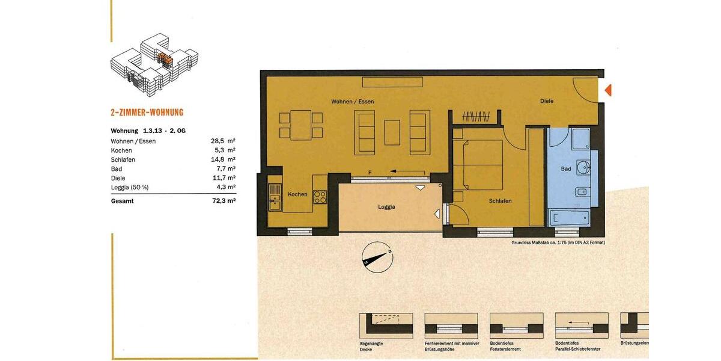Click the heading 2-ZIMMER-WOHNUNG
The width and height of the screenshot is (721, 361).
tap(147, 113)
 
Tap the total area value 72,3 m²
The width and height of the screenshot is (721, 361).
tap(223, 201)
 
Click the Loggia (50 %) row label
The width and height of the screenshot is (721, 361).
tap(130, 187)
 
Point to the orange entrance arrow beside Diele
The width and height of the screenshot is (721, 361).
tap(607, 90)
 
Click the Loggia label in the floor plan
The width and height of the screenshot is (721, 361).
tap(386, 207)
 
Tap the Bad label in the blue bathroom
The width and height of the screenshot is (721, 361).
tap(566, 169)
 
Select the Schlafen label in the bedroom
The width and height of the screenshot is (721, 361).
tap(500, 201)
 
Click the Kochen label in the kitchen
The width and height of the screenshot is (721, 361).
tap(297, 194)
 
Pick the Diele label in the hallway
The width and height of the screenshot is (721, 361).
tap(547, 101)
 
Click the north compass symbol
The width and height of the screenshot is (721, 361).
tap(377, 257)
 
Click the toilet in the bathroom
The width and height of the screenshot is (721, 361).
tap(581, 192)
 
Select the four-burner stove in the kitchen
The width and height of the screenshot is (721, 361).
tap(320, 197)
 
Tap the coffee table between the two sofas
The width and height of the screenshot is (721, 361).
tap(392, 132)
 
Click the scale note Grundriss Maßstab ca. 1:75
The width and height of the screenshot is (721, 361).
tap(558, 242)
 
